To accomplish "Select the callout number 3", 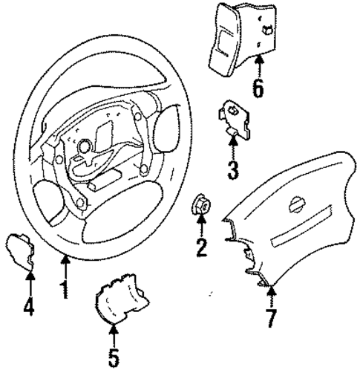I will (232, 170).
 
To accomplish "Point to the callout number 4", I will (30, 305).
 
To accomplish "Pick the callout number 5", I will (113, 357).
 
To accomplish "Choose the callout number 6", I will (257, 88).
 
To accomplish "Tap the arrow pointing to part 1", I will (65, 264).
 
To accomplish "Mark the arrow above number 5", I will (113, 334).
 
